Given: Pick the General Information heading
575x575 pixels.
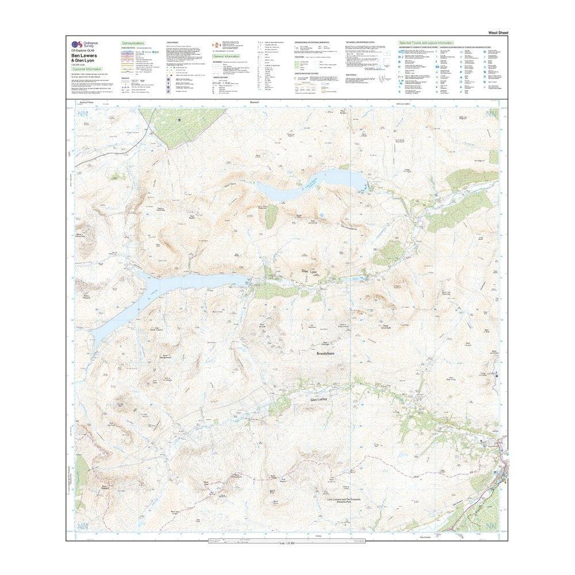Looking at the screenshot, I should point(227,57).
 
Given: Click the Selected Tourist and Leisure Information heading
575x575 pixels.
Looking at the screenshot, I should point(426,43).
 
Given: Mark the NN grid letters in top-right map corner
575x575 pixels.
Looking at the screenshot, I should point(492,114).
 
